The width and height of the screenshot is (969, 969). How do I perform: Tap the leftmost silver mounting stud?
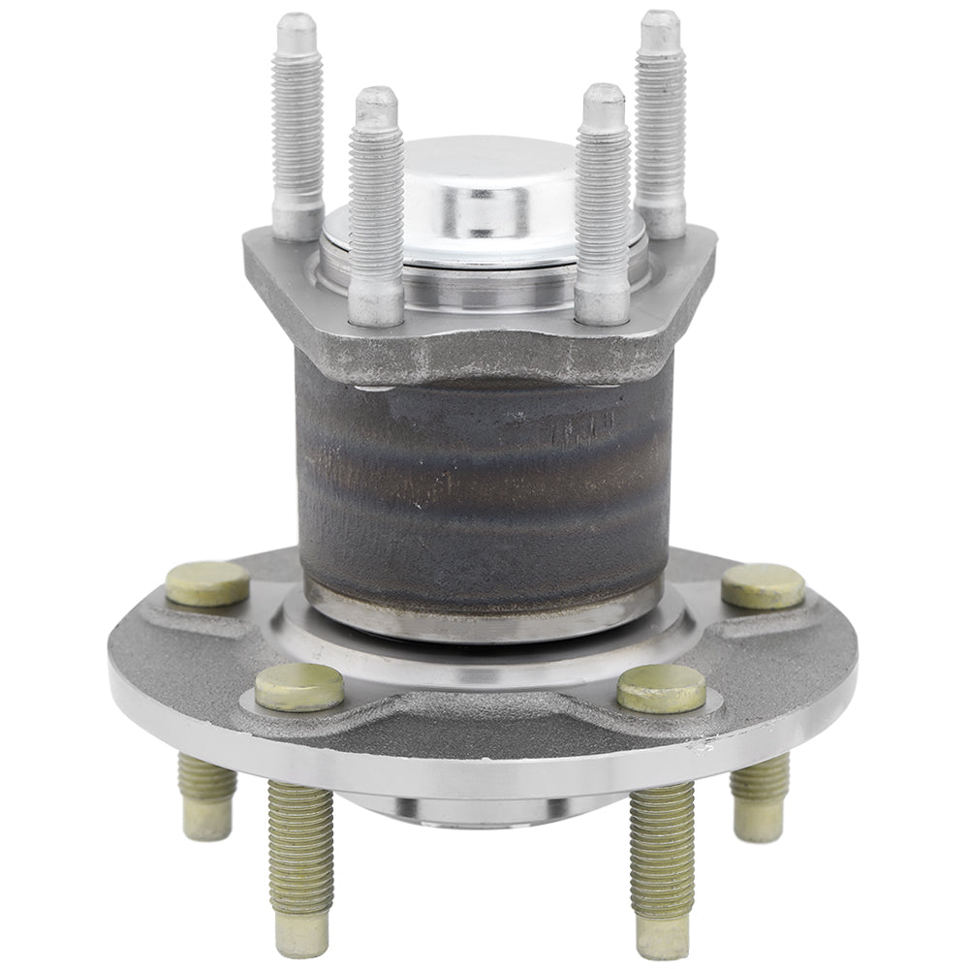click(x=297, y=126)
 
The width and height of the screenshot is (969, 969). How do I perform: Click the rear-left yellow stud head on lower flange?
click(x=207, y=583)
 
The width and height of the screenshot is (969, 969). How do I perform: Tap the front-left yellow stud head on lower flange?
click(x=299, y=687)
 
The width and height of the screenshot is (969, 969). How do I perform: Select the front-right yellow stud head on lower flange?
click(x=662, y=688)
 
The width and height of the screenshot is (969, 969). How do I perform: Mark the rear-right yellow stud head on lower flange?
click(x=763, y=585)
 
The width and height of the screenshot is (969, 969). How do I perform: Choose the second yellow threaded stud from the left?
click(x=300, y=843)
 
